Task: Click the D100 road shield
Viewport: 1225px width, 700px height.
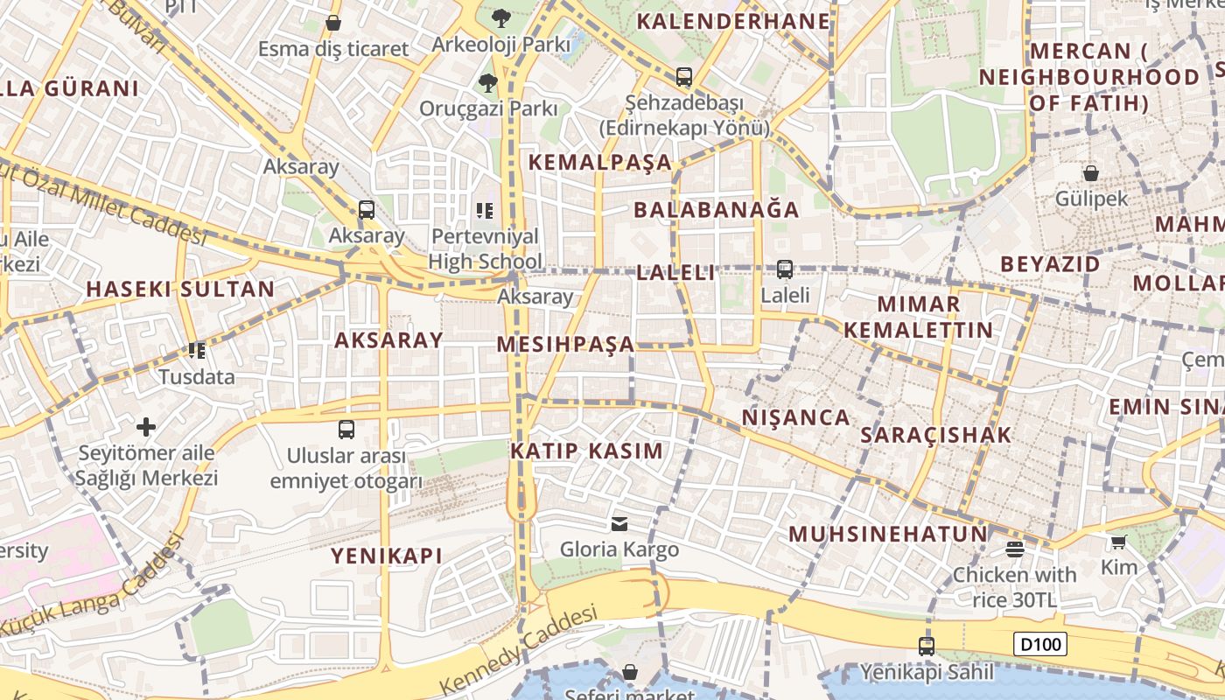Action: pos(1041,645)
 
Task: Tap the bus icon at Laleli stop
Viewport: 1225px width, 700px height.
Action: pos(785,269)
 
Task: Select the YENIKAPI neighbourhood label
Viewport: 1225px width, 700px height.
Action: pos(386,556)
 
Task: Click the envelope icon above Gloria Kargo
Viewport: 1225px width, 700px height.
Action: pos(619,524)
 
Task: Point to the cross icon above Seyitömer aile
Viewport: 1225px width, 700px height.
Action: pos(146,427)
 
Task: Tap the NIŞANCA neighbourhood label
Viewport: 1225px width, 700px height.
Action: pos(795,417)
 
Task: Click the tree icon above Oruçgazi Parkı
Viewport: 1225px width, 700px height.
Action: pos(487,83)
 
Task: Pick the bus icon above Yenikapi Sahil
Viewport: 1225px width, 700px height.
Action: pos(927,647)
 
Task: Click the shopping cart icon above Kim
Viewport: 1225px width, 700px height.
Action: pos(1118,542)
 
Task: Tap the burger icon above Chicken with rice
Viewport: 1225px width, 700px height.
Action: pos(1015,549)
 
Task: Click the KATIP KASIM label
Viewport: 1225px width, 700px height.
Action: pos(586,451)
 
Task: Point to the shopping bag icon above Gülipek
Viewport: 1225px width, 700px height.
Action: pos(1091,173)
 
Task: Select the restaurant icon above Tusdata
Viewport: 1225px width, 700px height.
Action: pos(197,351)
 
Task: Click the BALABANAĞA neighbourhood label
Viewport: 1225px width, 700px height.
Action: pos(716,210)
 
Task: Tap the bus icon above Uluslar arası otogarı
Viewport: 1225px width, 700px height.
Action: pos(346,430)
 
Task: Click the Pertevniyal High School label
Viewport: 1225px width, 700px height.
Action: pos(486,248)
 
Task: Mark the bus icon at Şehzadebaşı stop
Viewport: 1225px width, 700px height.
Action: pos(684,77)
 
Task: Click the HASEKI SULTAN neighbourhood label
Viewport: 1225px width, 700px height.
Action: pos(180,289)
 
